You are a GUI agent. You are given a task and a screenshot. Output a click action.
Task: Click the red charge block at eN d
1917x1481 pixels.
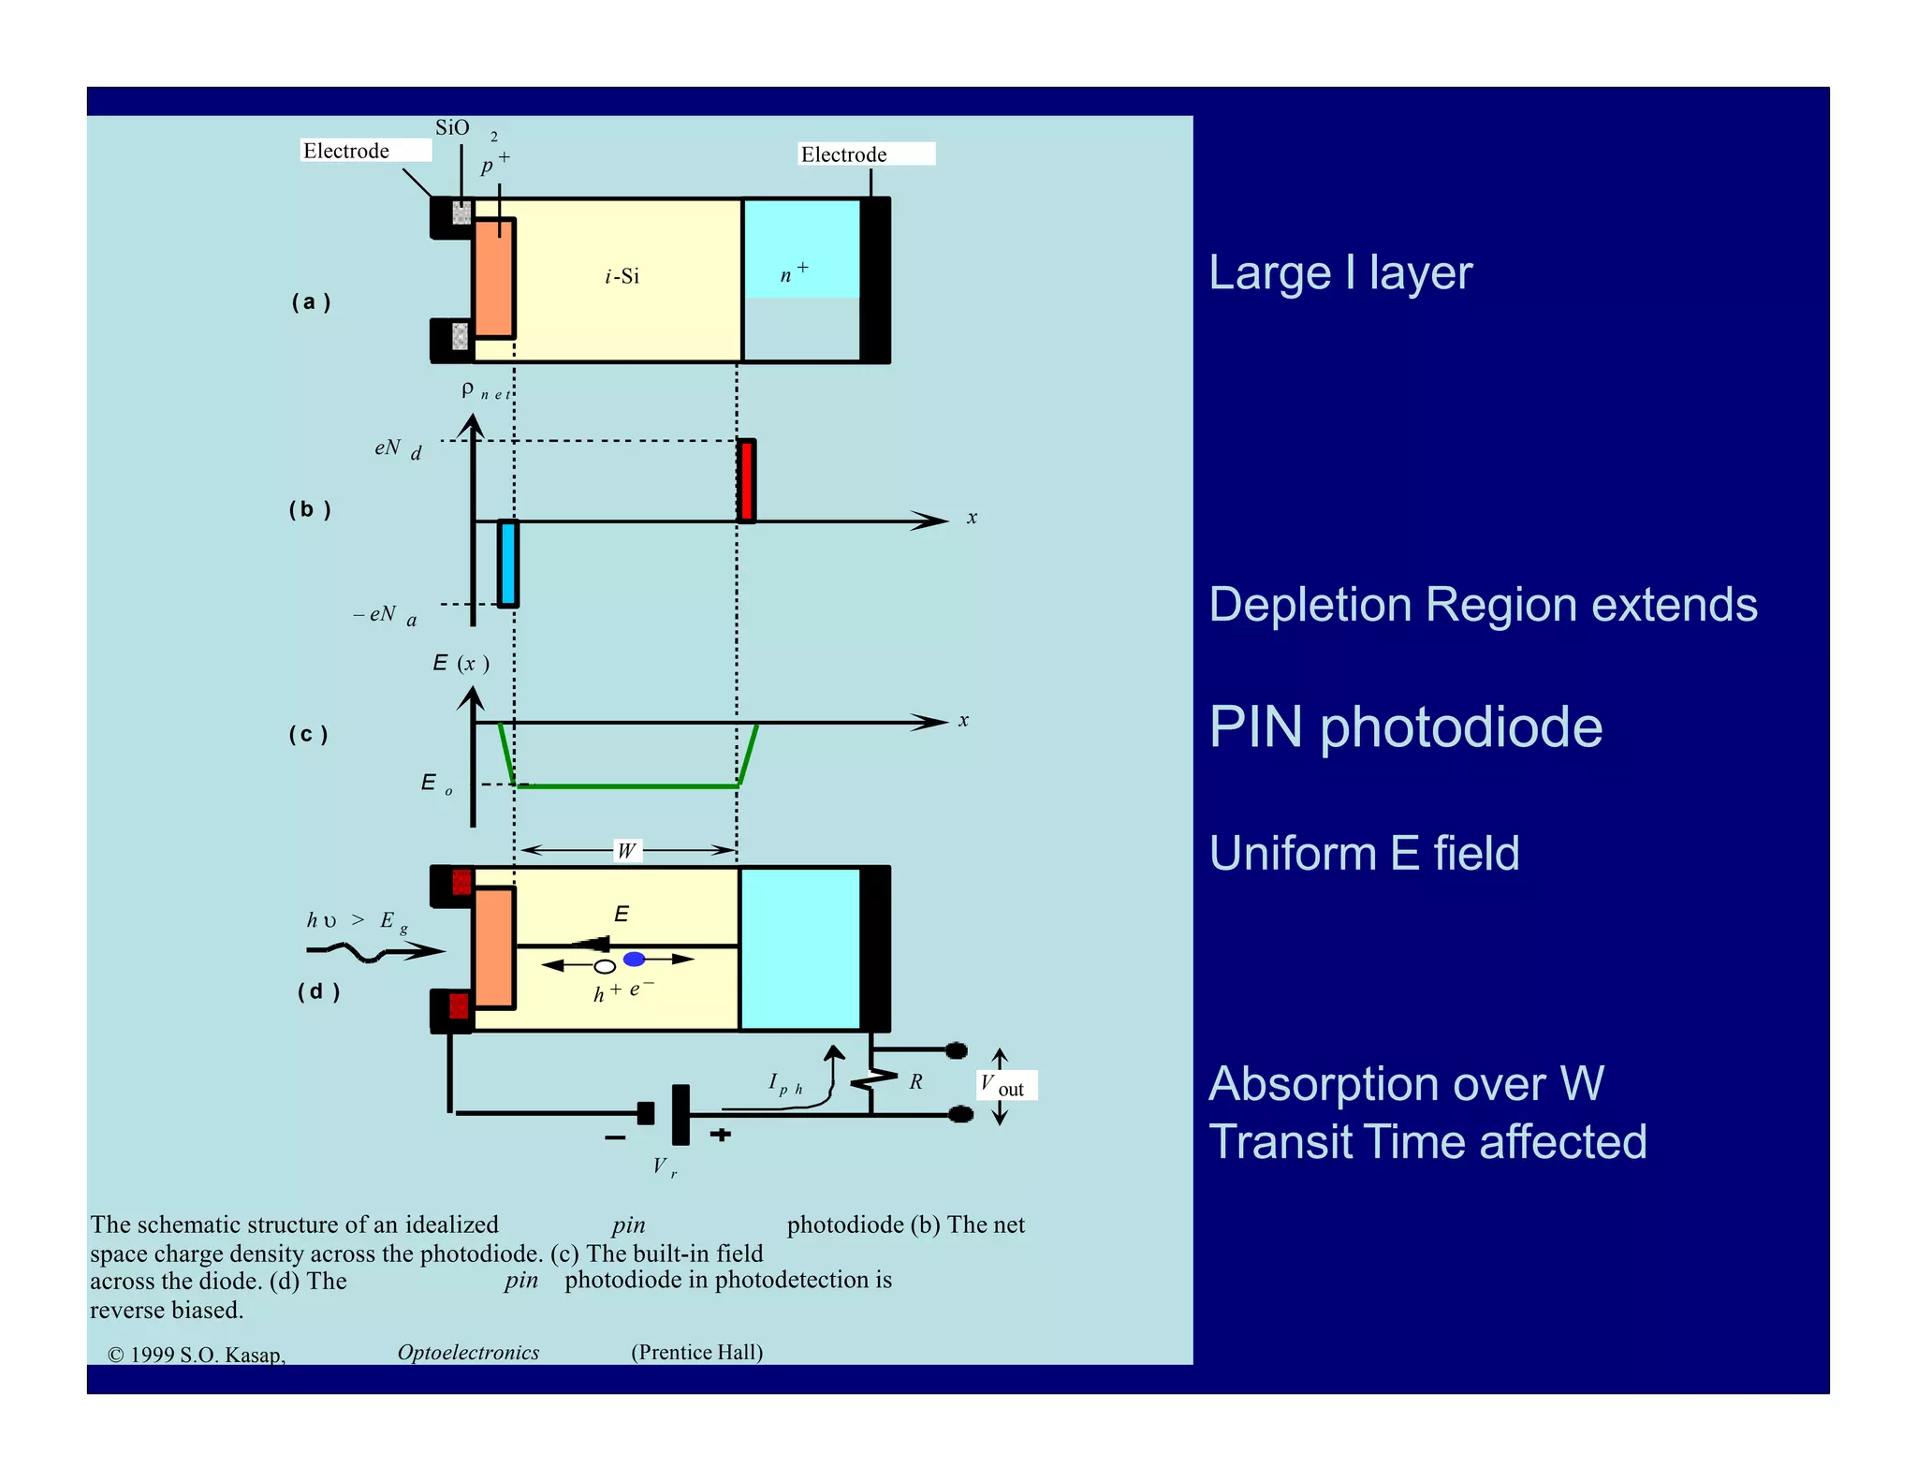point(746,480)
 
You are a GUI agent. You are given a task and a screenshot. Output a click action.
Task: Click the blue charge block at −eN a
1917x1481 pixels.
point(507,564)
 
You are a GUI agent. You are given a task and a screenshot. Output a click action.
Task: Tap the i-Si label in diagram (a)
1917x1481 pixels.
point(622,276)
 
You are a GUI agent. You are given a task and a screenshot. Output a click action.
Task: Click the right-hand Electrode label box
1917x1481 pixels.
point(866,154)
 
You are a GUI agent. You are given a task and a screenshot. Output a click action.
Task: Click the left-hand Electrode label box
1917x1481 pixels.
point(366,151)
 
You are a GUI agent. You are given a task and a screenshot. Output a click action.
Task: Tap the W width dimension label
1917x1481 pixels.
point(627,850)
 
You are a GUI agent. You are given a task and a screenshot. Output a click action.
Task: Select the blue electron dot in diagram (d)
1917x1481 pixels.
point(635,959)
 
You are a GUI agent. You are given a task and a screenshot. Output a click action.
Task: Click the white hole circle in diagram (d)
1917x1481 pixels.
point(605,966)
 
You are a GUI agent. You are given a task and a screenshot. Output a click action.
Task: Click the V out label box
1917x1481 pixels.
point(1006,1086)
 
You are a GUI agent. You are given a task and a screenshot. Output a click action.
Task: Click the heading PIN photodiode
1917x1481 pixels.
point(1405,727)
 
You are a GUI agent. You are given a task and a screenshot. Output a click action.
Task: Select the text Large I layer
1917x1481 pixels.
point(1339,273)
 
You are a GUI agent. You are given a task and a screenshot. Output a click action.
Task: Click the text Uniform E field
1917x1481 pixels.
point(1364,854)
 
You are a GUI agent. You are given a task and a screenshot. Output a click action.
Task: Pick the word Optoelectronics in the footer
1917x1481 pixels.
point(468,1352)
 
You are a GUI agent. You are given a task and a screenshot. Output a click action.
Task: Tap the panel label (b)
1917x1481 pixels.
point(310,509)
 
